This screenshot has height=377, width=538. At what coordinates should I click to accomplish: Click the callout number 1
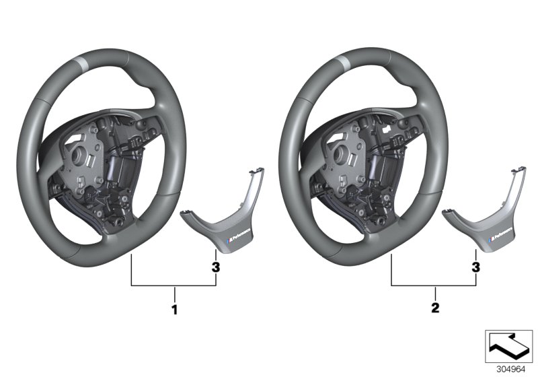tap(174, 310)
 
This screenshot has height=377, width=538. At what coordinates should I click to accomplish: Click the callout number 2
tap(435, 310)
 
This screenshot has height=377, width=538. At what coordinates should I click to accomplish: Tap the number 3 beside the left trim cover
tap(216, 267)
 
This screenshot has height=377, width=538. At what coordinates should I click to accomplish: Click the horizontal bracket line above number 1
tap(174, 287)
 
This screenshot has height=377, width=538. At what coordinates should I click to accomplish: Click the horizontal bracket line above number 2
tap(435, 287)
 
